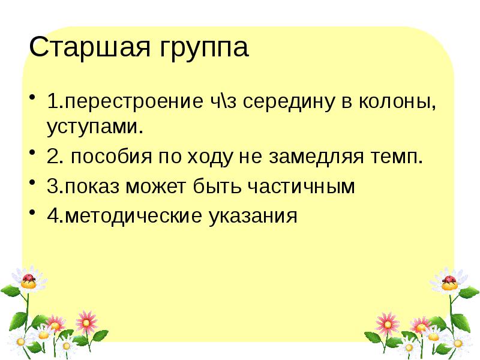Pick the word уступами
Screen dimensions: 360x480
click(94, 127)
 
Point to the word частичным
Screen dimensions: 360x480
click(304, 187)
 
